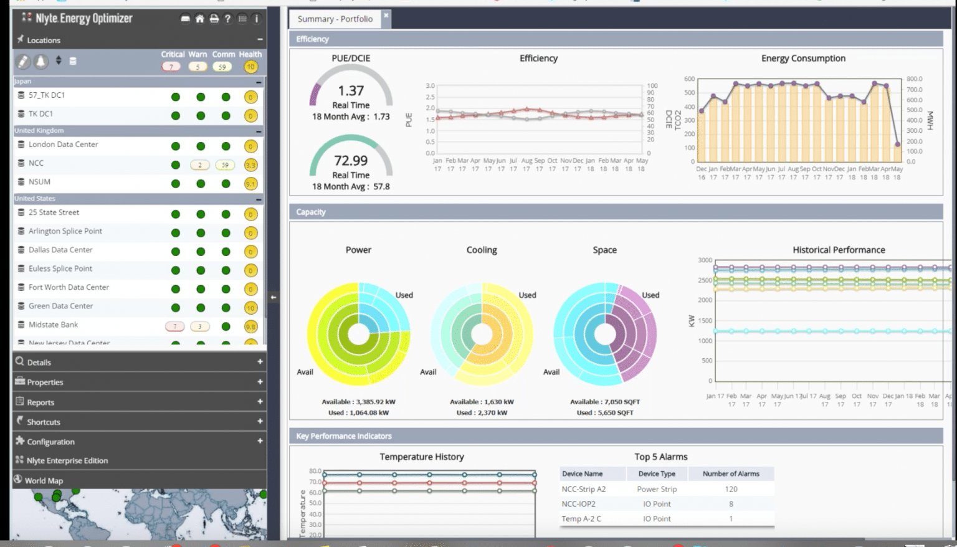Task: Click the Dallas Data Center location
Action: tap(60, 250)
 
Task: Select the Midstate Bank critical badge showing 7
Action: tap(174, 326)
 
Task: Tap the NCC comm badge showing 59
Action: tap(224, 165)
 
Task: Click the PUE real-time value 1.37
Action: tap(351, 91)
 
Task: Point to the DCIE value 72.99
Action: tap(351, 161)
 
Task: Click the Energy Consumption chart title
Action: tap(802, 59)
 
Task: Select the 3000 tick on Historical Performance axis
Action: tap(705, 260)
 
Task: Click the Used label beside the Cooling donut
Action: tap(527, 295)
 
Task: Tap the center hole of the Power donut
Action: tap(358, 335)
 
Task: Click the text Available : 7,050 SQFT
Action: tap(604, 402)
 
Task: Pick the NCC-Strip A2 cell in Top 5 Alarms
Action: tap(583, 489)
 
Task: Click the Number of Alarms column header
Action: tap(730, 474)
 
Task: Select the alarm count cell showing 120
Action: tap(731, 489)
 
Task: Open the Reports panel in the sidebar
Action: tap(40, 402)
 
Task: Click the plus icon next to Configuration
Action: tap(260, 441)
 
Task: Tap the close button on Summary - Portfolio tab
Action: tap(386, 16)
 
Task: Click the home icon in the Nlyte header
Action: tap(199, 19)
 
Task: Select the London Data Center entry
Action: tap(63, 145)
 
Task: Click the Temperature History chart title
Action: tap(422, 457)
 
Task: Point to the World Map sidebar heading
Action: tap(44, 481)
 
